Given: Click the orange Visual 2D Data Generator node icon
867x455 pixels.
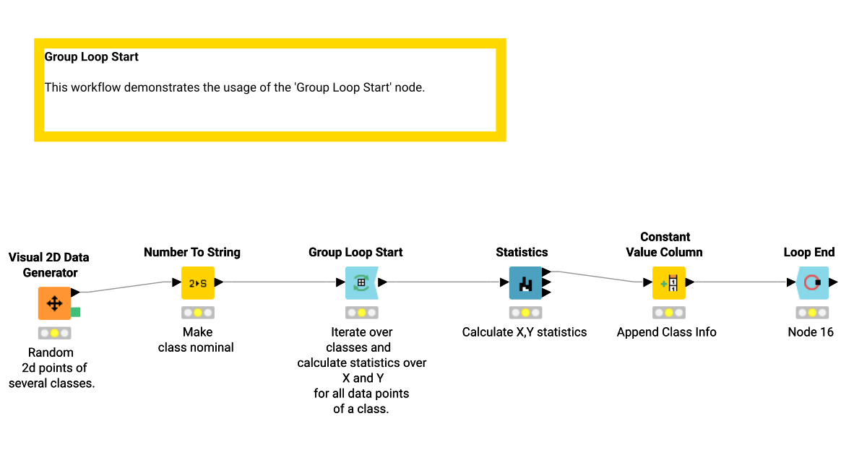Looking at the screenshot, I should pyautogui.click(x=54, y=303).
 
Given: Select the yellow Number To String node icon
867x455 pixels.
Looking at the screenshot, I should pyautogui.click(x=197, y=283).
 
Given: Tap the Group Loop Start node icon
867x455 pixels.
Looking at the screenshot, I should pyautogui.click(x=361, y=283).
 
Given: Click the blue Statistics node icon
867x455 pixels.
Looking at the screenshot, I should pyautogui.click(x=525, y=283).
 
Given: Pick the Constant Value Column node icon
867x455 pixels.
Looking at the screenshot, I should pyautogui.click(x=668, y=283).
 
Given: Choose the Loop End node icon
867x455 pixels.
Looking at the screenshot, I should pyautogui.click(x=812, y=283).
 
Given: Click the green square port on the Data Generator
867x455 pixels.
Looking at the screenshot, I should pyautogui.click(x=75, y=312).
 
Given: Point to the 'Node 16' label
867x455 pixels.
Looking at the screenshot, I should pyautogui.click(x=811, y=332).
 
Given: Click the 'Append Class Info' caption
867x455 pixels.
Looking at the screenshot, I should pyautogui.click(x=666, y=332).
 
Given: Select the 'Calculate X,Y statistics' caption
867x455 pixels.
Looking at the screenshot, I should pyautogui.click(x=525, y=332).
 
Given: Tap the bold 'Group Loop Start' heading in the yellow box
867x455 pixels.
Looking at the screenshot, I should pyautogui.click(x=92, y=57).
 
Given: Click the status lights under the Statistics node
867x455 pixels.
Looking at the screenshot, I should pyautogui.click(x=525, y=313).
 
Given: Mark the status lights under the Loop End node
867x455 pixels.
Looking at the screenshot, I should pyautogui.click(x=812, y=313).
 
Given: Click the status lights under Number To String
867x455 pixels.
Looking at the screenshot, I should pyautogui.click(x=197, y=313).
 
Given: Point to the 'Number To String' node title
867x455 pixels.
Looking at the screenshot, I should pyautogui.click(x=192, y=252).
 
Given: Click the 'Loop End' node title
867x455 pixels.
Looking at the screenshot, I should pyautogui.click(x=809, y=252).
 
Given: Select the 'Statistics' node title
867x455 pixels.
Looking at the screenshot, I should pyautogui.click(x=522, y=252).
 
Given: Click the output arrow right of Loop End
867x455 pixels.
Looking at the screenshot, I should pyautogui.click(x=834, y=282).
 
